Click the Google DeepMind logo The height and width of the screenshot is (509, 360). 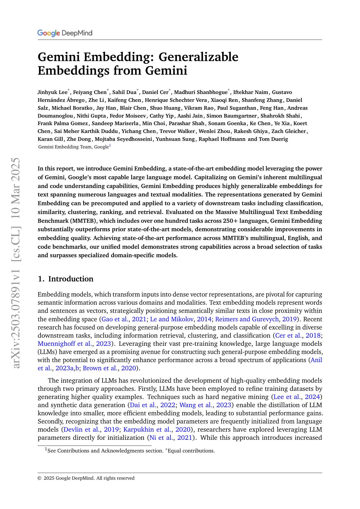pos(65,33)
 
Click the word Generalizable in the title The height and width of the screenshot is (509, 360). pos(198,57)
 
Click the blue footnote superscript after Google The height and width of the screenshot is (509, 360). pos(110,146)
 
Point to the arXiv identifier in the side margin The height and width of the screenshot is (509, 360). pos(17,263)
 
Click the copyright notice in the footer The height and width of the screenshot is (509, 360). pos(86,478)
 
